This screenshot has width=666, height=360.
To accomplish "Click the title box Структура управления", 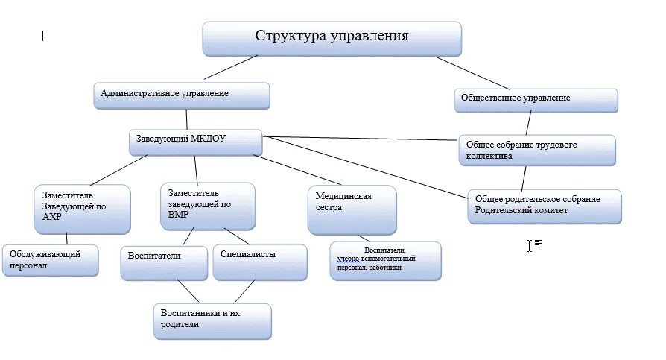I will click(x=332, y=38).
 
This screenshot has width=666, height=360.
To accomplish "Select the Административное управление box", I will click(x=182, y=95).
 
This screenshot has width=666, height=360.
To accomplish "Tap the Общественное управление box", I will click(x=536, y=100).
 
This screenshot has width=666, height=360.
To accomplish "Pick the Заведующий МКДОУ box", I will click(x=195, y=142).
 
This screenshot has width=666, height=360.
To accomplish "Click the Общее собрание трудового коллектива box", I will click(x=536, y=150).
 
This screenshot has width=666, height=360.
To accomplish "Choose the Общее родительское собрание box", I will click(x=545, y=206).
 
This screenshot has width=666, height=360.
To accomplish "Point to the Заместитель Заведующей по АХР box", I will click(x=82, y=209).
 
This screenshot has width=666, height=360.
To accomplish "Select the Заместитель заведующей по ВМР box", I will click(x=207, y=205).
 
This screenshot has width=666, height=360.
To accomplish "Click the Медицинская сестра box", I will click(x=352, y=209).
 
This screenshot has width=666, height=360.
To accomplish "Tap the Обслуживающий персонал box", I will click(x=50, y=259).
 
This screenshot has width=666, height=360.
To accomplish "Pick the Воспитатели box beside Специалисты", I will click(x=163, y=262).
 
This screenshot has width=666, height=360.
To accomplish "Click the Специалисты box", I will click(x=259, y=262).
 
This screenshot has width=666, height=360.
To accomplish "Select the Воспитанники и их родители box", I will click(x=212, y=320).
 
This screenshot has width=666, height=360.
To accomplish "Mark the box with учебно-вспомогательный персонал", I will click(x=385, y=259).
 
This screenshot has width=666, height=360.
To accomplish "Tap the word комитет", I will click(x=548, y=211).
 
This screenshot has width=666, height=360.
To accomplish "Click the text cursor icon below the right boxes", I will click(x=529, y=244).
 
